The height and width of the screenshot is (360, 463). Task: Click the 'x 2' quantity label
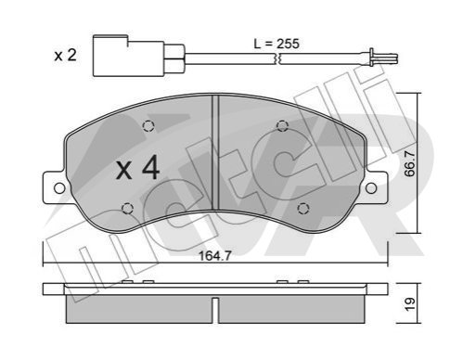(65, 56)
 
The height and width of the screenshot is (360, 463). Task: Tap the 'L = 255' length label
(277, 44)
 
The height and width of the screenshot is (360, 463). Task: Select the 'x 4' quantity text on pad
(137, 169)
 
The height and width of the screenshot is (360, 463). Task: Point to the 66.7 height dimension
(410, 163)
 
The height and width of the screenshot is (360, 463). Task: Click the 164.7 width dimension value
(215, 256)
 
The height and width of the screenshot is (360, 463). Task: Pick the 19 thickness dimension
(410, 304)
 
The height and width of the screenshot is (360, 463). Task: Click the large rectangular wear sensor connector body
(128, 56)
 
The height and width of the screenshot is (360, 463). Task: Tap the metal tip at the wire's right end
(383, 58)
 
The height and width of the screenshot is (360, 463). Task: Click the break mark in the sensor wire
(277, 58)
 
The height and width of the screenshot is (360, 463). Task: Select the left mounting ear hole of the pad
(59, 188)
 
